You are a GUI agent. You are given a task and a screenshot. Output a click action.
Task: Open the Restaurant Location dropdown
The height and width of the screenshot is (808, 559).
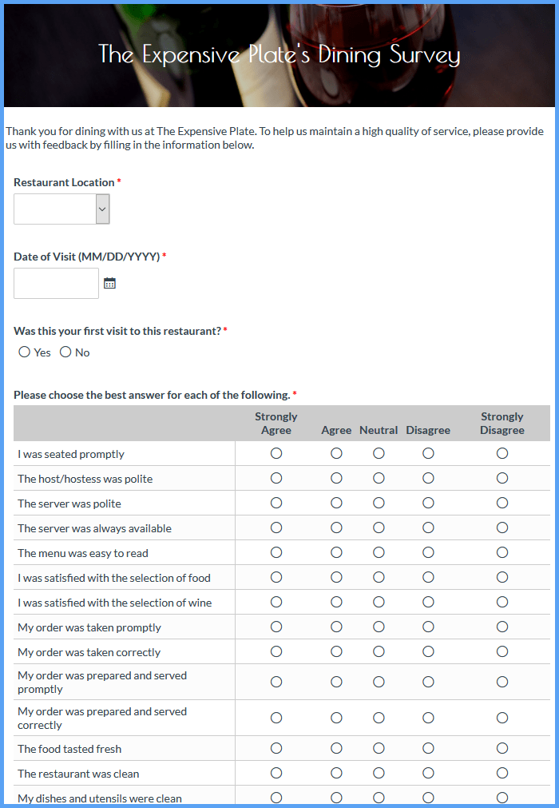click(x=61, y=209)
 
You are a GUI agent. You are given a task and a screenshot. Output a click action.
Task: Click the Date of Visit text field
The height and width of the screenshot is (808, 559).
click(x=56, y=284)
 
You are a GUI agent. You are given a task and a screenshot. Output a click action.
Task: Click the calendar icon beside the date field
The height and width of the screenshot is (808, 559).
click(x=110, y=284)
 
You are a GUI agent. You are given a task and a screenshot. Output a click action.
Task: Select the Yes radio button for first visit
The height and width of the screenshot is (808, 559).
click(x=25, y=352)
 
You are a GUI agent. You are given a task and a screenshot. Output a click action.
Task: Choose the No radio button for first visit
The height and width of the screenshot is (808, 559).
click(x=65, y=352)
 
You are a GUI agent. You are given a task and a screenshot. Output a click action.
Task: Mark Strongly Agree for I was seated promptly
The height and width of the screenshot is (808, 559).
click(x=276, y=453)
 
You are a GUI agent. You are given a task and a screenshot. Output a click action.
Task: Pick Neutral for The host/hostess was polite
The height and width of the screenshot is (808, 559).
click(x=379, y=478)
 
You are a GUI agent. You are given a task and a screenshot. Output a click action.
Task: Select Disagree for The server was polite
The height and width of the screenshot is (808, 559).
click(x=428, y=503)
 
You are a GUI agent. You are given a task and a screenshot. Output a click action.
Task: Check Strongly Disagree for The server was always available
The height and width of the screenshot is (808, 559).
click(x=502, y=527)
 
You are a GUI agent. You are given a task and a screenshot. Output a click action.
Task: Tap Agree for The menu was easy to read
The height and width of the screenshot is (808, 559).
click(x=336, y=552)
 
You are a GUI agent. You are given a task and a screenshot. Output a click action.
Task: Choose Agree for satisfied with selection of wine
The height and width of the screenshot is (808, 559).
click(x=336, y=602)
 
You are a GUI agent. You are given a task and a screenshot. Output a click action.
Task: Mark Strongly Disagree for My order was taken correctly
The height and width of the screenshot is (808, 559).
click(x=502, y=651)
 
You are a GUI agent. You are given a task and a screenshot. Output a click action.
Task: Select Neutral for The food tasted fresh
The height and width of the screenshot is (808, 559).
click(x=379, y=748)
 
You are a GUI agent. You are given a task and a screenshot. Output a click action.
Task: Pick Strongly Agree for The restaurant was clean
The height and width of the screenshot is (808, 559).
click(x=276, y=773)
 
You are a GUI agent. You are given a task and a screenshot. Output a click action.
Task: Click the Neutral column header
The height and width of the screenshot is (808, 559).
click(x=379, y=430)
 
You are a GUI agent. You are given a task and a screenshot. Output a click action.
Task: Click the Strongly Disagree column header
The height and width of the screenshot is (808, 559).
click(x=502, y=423)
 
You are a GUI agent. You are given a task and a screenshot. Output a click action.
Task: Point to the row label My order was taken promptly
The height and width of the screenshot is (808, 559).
click(x=89, y=627)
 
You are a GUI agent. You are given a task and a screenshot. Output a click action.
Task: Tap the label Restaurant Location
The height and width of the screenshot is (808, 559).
click(x=64, y=182)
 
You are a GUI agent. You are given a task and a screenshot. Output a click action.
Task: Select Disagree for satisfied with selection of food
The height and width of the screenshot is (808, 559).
click(x=428, y=577)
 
